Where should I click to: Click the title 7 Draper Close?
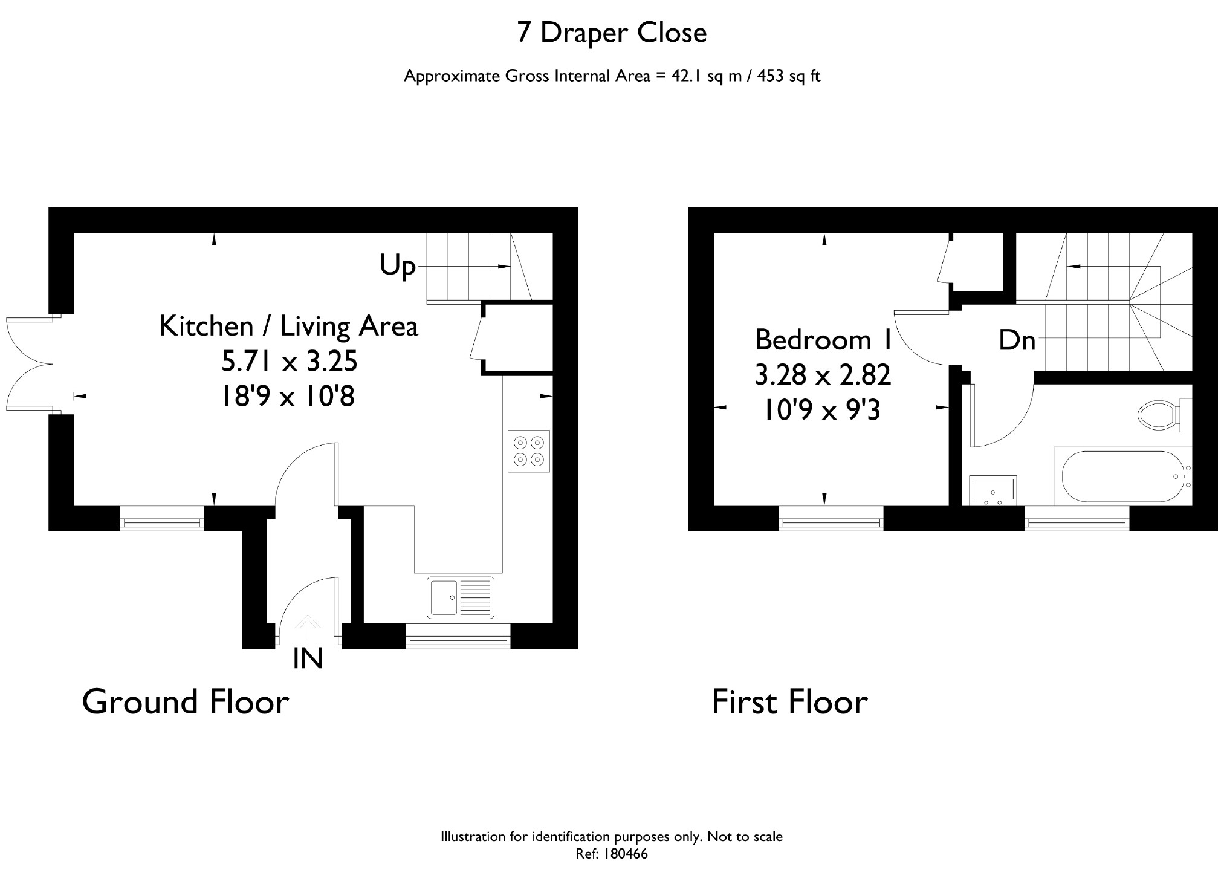[612, 33]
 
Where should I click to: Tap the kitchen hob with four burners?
[529, 451]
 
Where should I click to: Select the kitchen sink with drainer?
[461, 598]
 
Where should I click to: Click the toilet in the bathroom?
[1164, 415]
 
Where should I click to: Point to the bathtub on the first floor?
[1122, 476]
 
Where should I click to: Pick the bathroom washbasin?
[993, 490]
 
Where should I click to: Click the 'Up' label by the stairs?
[398, 266]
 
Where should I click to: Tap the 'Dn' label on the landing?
[1017, 340]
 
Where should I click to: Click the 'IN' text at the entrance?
[308, 658]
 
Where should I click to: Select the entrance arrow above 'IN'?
[308, 627]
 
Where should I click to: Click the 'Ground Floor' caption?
[186, 702]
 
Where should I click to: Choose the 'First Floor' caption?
[790, 702]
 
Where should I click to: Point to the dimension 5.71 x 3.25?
[290, 362]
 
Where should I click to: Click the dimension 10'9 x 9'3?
[822, 411]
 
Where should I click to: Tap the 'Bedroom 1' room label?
[824, 340]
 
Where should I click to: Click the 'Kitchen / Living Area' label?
[288, 327]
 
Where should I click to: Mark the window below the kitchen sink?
[458, 637]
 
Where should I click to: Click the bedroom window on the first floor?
[831, 518]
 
